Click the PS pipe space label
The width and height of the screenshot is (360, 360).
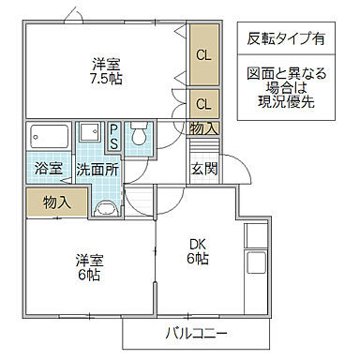(114, 135)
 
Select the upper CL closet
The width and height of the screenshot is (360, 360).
(203, 53)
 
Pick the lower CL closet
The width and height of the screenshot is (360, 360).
(203, 102)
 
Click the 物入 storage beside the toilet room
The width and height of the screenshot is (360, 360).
(203, 127)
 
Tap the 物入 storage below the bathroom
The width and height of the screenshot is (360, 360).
(56, 202)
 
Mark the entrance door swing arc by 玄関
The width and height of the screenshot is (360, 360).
(236, 171)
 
